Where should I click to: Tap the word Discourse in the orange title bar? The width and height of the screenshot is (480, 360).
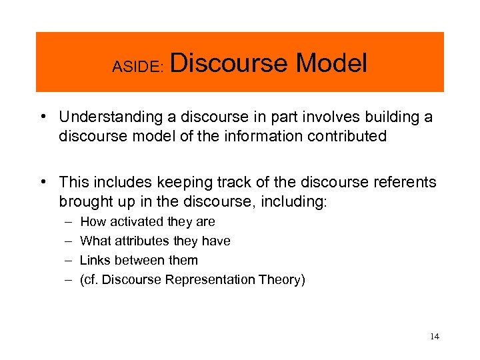[229, 63]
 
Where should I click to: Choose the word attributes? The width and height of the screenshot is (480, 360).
[141, 241]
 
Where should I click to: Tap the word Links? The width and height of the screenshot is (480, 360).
[94, 261]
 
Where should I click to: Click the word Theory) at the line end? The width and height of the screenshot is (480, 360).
[284, 280]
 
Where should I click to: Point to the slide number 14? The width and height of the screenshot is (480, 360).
[435, 337]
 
